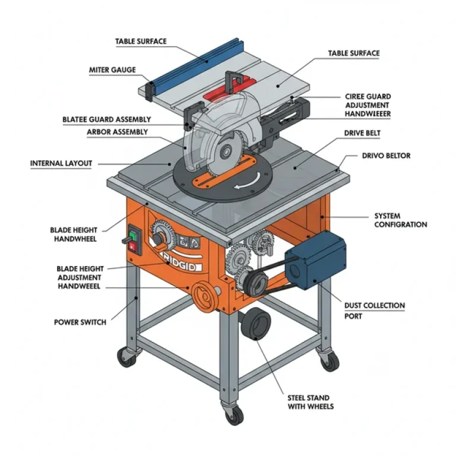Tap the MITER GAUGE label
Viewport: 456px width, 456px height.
pyautogui.click(x=112, y=70)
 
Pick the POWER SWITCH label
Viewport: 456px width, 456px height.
pyautogui.click(x=80, y=322)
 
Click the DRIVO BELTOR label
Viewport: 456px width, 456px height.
pyautogui.click(x=386, y=156)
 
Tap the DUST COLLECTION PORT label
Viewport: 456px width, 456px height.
pyautogui.click(x=375, y=311)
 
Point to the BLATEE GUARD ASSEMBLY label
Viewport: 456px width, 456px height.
pyautogui.click(x=107, y=120)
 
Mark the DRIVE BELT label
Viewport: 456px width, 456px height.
pyautogui.click(x=362, y=134)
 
